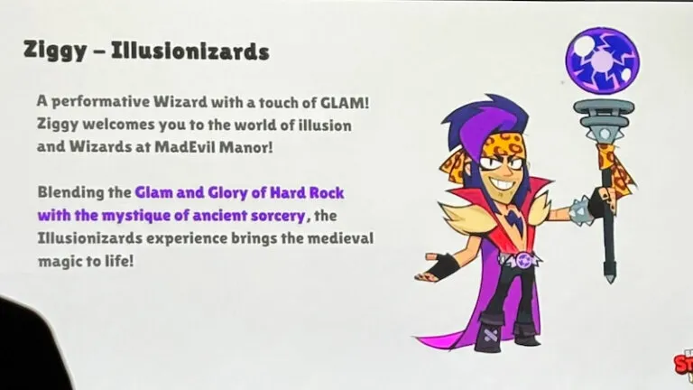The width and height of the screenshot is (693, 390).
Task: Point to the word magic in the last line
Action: point(60,261)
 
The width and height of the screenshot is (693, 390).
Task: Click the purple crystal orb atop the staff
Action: point(595,59)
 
